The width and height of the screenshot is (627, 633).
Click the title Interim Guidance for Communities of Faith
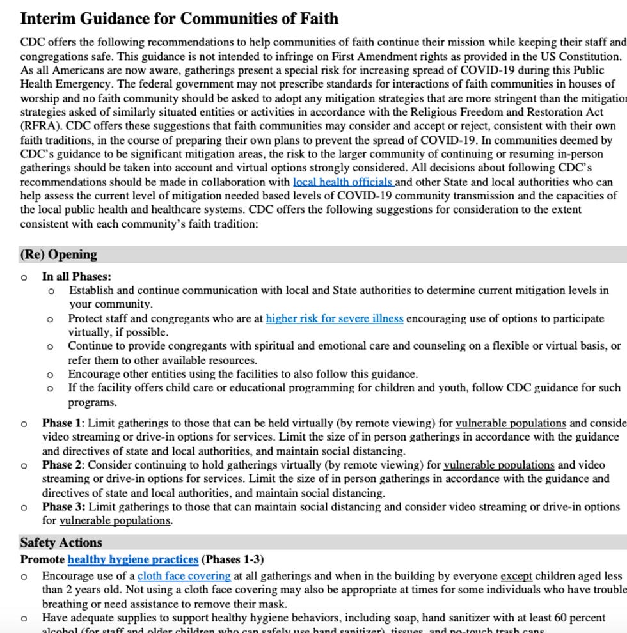pyautogui.click(x=179, y=19)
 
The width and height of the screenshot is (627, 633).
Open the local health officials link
pyautogui.click(x=344, y=182)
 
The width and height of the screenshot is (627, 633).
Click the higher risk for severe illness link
pyautogui.click(x=334, y=318)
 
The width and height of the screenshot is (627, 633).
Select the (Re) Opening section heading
pyautogui.click(x=59, y=254)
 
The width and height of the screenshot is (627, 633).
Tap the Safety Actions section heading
pyautogui.click(x=61, y=543)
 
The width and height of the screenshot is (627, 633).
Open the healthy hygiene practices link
pyautogui.click(x=132, y=559)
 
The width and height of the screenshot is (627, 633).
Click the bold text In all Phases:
pyautogui.click(x=77, y=277)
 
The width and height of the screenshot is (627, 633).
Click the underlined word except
pyautogui.click(x=516, y=576)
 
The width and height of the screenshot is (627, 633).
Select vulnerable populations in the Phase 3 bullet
pyautogui.click(x=115, y=521)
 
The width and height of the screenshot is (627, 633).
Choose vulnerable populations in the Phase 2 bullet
pyautogui.click(x=499, y=465)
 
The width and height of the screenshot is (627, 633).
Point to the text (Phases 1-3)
pyautogui.click(x=233, y=559)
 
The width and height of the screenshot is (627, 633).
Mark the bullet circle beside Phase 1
pyautogui.click(x=24, y=424)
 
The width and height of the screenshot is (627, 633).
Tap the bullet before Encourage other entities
pyautogui.click(x=51, y=375)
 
